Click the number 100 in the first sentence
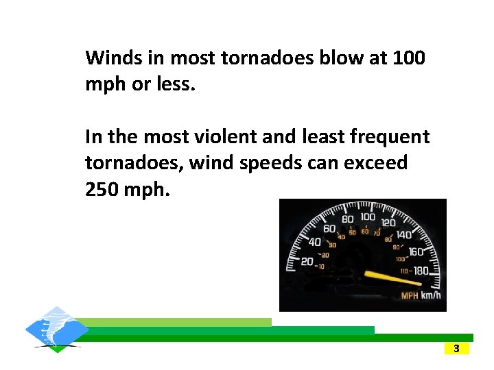click(409, 58)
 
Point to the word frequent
click(390, 137)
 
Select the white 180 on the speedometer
click(420, 271)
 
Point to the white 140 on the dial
click(404, 235)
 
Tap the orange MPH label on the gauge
click(410, 296)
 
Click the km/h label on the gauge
click(430, 296)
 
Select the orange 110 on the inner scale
click(405, 271)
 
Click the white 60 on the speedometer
click(329, 229)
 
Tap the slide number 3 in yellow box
click(456, 349)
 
